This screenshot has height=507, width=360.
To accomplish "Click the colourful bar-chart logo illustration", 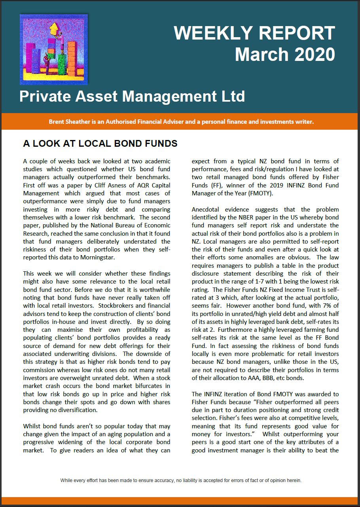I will tap(54, 49).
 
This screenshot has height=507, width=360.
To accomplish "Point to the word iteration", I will tap(239, 394).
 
